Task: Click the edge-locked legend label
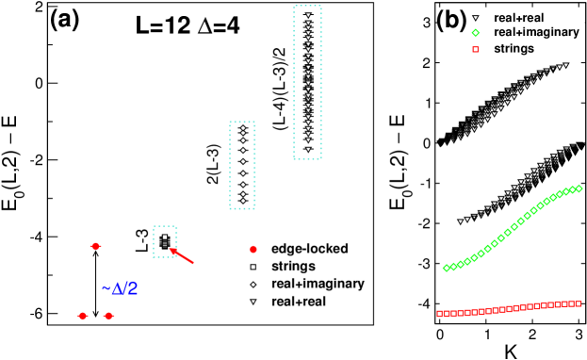click(309, 249)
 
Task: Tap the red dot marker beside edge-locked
click(253, 249)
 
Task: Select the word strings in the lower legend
click(292, 267)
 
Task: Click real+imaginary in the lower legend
click(317, 284)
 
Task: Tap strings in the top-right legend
click(514, 48)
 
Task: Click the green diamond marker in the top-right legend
click(477, 33)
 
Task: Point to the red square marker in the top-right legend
click(477, 48)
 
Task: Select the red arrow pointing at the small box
click(182, 255)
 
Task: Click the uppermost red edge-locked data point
click(95, 246)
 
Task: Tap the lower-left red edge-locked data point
click(83, 316)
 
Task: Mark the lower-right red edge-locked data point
click(108, 316)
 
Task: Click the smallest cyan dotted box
click(165, 241)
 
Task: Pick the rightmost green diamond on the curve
click(579, 188)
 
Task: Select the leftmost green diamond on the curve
click(446, 269)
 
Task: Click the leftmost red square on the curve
click(440, 314)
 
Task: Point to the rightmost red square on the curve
click(579, 303)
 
